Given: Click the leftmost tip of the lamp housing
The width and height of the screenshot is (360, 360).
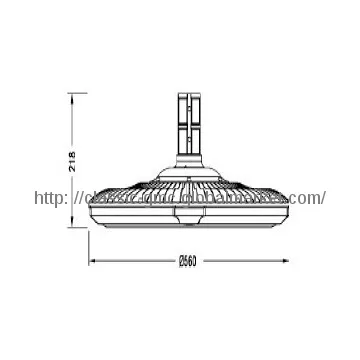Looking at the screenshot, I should (93, 200).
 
